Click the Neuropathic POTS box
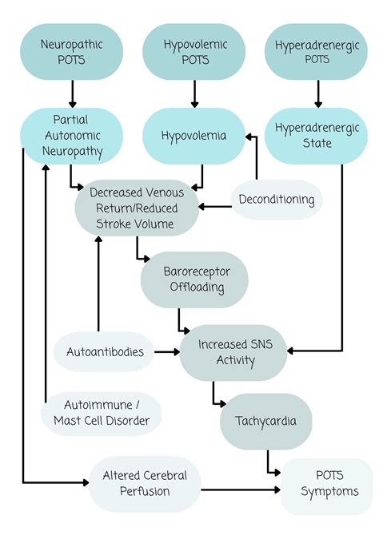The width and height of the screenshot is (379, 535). coord(71,51)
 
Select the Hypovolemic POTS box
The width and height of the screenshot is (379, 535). coord(194,51)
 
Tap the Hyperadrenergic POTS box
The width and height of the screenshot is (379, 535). coord(318,51)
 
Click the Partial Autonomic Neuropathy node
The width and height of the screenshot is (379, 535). coord(71,137)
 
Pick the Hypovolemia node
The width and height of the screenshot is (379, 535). coord(194,137)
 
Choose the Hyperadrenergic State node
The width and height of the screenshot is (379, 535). coord(318,137)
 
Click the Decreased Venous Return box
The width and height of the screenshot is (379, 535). coord(137,208)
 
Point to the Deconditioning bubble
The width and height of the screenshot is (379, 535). coord(276,200)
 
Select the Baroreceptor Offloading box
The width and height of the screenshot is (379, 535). coord(194,279)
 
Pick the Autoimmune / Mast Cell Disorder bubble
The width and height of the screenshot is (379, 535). coord(102,414)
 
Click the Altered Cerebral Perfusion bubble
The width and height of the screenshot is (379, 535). coord(145,484)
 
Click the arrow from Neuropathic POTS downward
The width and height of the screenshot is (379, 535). coord(71,93)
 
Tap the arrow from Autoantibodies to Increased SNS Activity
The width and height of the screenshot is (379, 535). coord(166,351)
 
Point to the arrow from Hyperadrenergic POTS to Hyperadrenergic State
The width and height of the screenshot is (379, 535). coord(318,93)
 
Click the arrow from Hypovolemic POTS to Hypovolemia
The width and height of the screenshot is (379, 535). coord(194,93)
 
